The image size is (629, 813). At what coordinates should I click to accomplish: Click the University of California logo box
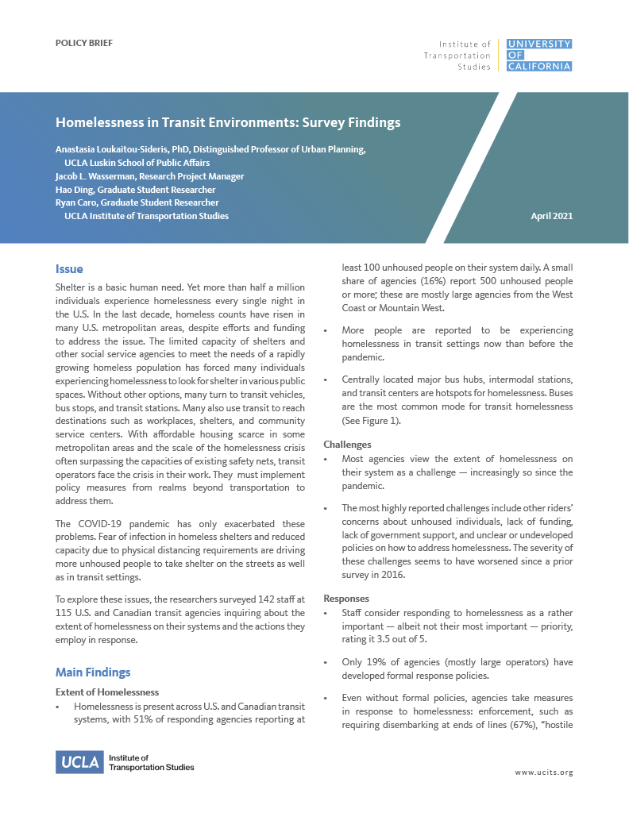tap(538, 55)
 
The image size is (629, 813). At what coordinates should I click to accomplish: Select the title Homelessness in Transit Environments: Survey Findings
tap(228, 123)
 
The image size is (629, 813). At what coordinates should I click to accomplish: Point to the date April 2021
tap(551, 216)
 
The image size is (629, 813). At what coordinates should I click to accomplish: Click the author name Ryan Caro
tap(76, 203)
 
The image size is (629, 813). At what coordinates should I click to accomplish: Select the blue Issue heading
tap(69, 269)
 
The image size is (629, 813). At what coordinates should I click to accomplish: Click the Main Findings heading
tap(93, 672)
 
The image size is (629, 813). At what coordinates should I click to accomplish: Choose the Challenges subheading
tap(347, 445)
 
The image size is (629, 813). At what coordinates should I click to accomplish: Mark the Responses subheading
tap(347, 598)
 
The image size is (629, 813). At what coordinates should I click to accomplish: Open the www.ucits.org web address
tap(543, 772)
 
